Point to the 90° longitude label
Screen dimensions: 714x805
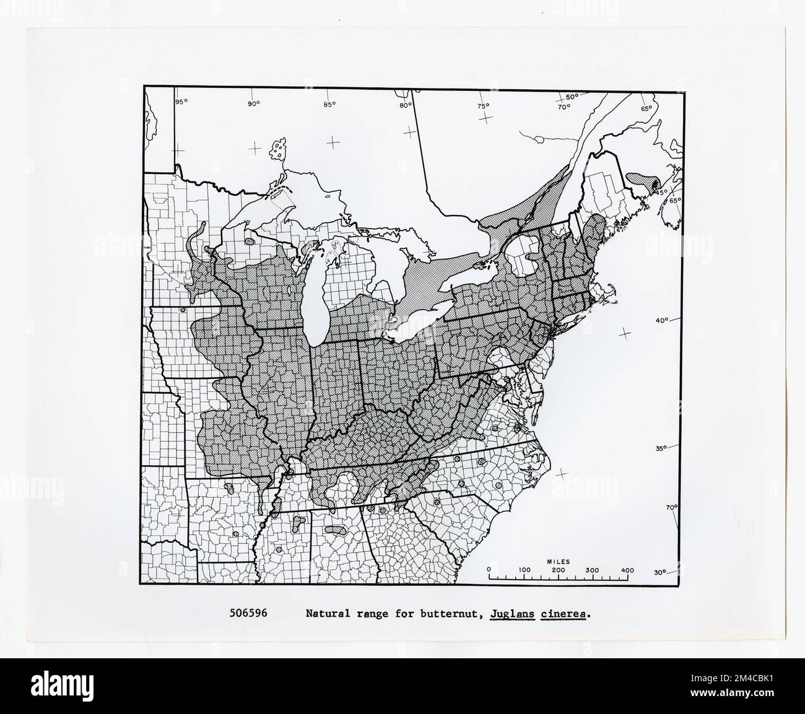coord(254,104)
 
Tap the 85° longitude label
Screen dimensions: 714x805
coord(329,104)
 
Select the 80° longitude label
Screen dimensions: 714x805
coord(405,105)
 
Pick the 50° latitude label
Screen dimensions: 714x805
coord(572,97)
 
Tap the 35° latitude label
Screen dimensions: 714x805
coord(661,448)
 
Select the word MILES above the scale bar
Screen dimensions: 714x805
coord(558,562)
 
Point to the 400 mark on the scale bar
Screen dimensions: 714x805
coord(627,570)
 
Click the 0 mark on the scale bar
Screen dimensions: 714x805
coord(489,570)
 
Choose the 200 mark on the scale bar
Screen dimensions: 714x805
coord(558,570)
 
